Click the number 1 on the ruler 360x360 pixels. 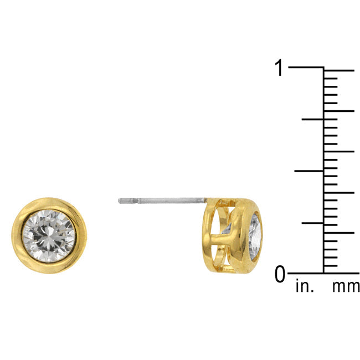(x=280, y=69)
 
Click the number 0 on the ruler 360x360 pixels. (x=280, y=274)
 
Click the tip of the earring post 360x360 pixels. (x=120, y=200)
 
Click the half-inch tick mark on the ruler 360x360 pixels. (x=309, y=171)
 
